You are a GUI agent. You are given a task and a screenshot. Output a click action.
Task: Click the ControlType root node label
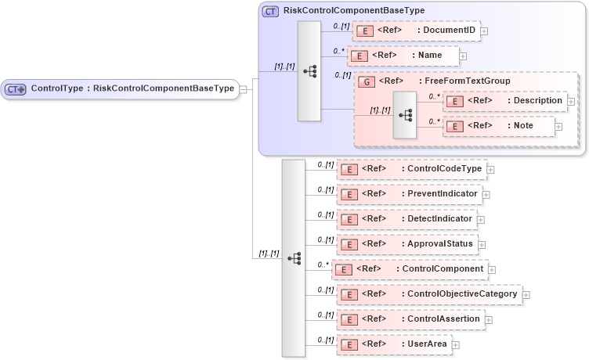132,88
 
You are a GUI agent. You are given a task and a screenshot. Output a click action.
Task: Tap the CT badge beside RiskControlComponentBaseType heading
270,11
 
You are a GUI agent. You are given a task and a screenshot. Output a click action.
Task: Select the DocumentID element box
416,31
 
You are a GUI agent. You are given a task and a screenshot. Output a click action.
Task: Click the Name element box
403,56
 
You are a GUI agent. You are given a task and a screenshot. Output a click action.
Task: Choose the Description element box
504,101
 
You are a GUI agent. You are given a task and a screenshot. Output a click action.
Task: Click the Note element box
498,126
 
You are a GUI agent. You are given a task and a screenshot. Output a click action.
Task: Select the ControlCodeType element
410,168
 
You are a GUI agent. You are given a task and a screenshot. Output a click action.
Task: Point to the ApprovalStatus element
407,244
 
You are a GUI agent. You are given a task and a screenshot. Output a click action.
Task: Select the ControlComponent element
408,269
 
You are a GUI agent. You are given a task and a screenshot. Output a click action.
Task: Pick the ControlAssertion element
410,319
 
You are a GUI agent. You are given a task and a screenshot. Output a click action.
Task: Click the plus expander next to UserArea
456,344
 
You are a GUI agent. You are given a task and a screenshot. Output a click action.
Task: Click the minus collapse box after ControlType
244,88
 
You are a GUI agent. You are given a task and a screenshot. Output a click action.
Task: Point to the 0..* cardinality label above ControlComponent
323,265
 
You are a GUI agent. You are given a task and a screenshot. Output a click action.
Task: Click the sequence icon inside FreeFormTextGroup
405,114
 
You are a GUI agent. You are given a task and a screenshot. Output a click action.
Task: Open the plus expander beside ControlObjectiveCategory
526,294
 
